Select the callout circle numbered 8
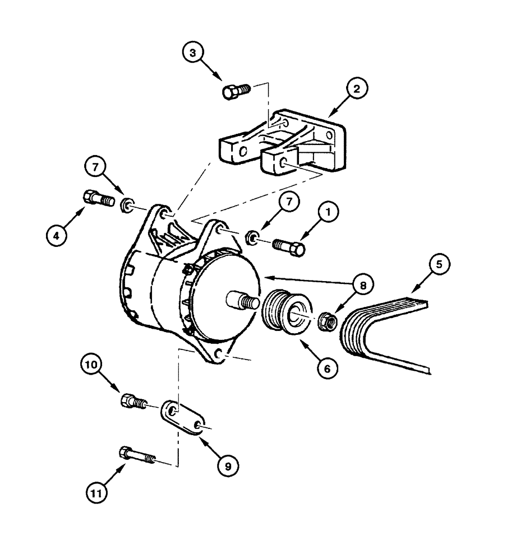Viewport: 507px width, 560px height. (362, 285)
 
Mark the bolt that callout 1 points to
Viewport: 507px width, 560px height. (289, 246)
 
